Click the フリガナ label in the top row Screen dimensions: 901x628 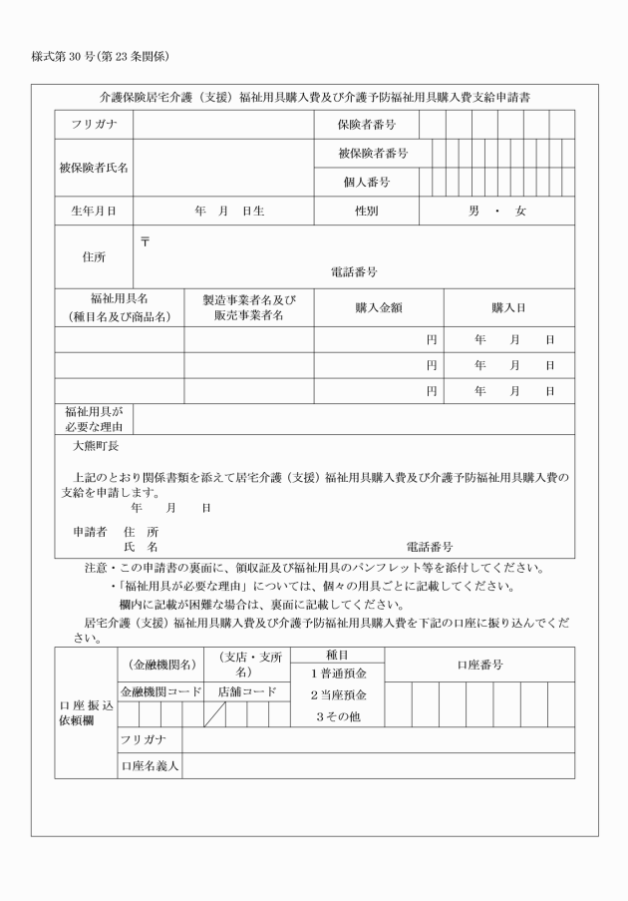(x=94, y=126)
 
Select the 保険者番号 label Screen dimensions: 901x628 (x=366, y=126)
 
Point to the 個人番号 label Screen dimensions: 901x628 (x=366, y=183)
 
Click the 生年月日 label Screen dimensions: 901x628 (x=93, y=212)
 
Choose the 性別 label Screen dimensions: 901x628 (x=366, y=212)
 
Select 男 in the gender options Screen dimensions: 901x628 (x=474, y=212)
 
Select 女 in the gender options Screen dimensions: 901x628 (x=520, y=212)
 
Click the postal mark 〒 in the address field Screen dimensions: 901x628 (x=145, y=241)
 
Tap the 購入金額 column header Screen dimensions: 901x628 (x=378, y=308)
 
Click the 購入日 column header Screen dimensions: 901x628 (x=508, y=308)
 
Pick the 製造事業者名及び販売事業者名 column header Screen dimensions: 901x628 (x=248, y=308)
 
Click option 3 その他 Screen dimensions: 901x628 (x=335, y=715)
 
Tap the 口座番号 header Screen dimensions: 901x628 (x=479, y=665)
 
